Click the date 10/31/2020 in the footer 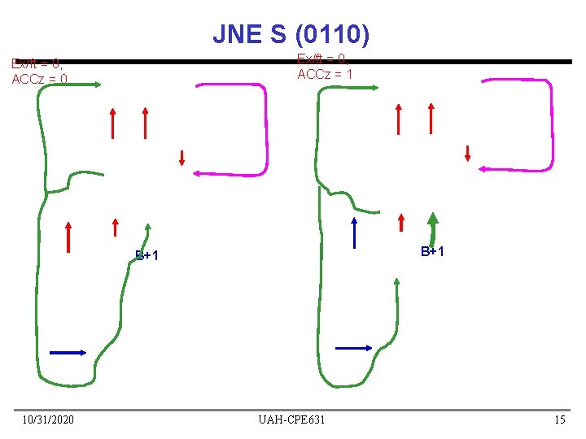pos(48,419)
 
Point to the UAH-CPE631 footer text pos(291,419)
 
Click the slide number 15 pos(559,419)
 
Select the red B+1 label pos(432,251)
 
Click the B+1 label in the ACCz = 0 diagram pos(146,256)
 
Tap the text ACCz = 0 pos(39,79)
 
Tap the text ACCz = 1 pos(325,75)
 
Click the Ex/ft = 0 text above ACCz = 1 pos(322,59)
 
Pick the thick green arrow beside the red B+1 pos(433,226)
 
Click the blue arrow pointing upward pos(355,232)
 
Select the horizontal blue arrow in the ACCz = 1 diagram pos(354,348)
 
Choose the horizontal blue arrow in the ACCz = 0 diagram pos(68,352)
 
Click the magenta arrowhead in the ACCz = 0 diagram pos(197,172)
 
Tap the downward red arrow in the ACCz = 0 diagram pos(182,158)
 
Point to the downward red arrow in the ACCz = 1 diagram pos(467,153)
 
